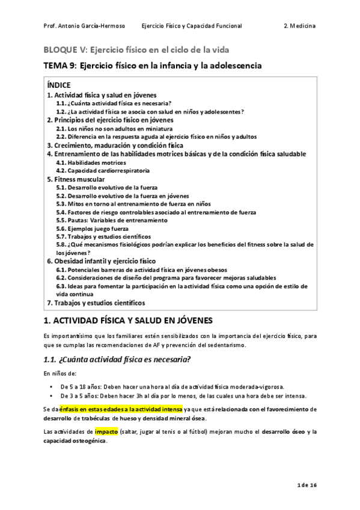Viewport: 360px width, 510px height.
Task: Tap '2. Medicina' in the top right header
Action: tap(299, 26)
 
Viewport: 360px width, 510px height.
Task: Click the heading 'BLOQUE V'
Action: tap(63, 49)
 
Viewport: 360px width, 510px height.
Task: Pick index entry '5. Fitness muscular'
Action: tap(76, 179)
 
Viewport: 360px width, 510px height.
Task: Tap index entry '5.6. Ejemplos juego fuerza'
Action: tap(92, 229)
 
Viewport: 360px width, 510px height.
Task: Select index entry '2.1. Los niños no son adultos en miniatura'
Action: tap(114, 129)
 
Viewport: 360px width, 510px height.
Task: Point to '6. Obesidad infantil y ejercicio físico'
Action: tap(101, 261)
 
